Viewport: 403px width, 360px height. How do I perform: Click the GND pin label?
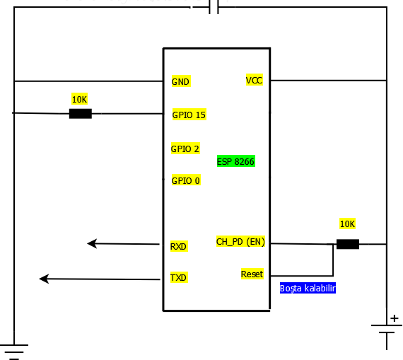pos(180,81)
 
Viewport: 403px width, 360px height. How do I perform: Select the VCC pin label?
pos(254,81)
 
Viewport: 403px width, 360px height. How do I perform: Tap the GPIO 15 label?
pos(189,115)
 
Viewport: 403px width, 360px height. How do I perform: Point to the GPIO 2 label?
pos(185,149)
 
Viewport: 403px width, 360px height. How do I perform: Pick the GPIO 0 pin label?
pos(185,180)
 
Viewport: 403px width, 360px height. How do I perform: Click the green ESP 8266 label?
pos(235,161)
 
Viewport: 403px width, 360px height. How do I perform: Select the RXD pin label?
pos(178,246)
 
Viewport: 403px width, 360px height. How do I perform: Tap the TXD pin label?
pos(178,277)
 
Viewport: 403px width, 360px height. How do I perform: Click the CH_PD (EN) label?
pos(240,242)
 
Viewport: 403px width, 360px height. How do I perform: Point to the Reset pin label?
pos(252,274)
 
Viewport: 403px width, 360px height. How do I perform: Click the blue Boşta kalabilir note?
pos(308,288)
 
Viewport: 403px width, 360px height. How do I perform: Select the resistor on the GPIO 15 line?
pos(80,113)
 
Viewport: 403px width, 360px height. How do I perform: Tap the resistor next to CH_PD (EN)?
pos(347,244)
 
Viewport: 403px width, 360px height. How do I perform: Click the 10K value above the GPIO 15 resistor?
pos(79,99)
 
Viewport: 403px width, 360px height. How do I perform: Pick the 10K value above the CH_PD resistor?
pos(347,223)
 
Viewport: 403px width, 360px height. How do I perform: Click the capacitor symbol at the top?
pos(214,7)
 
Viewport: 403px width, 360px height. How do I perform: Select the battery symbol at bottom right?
pos(386,328)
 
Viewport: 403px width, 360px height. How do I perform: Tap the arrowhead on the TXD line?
pos(44,279)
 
